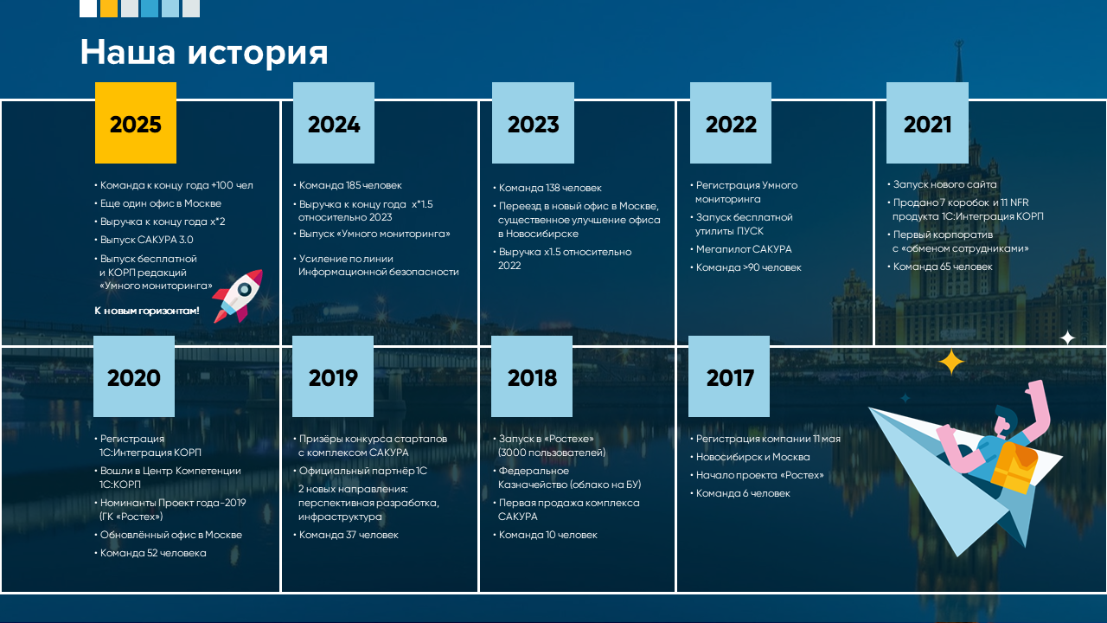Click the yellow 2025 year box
tap(136, 123)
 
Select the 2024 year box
tap(334, 123)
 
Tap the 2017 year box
tap(729, 376)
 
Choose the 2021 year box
tap(927, 123)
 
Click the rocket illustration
tap(238, 296)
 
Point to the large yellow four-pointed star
tap(951, 363)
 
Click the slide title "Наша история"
tap(204, 52)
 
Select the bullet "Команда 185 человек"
tap(348, 185)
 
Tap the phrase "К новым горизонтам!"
tap(147, 311)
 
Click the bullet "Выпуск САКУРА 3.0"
tap(144, 240)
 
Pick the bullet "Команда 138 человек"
tap(547, 188)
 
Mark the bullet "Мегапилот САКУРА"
tap(741, 249)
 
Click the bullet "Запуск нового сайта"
tap(942, 184)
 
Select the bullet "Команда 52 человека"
tap(150, 553)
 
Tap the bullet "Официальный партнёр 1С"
tap(360, 471)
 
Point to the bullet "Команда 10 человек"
tap(545, 535)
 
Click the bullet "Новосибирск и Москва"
tap(750, 457)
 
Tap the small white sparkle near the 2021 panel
tap(1067, 338)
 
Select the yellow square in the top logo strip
tap(109, 9)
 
